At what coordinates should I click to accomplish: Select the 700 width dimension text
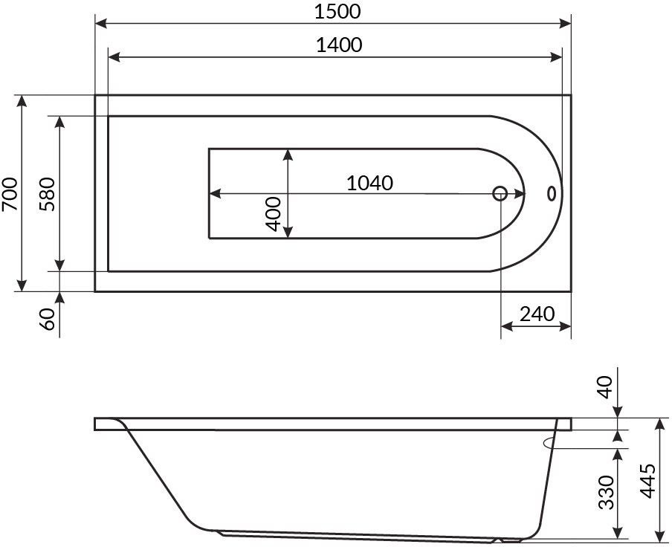click(x=10, y=194)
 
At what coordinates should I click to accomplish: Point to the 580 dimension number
click(x=48, y=194)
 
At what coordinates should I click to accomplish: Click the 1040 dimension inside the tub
click(x=369, y=183)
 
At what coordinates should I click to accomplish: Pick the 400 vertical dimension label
click(x=272, y=214)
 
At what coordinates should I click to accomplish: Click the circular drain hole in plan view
click(x=500, y=194)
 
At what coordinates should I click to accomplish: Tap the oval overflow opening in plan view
click(x=551, y=194)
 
